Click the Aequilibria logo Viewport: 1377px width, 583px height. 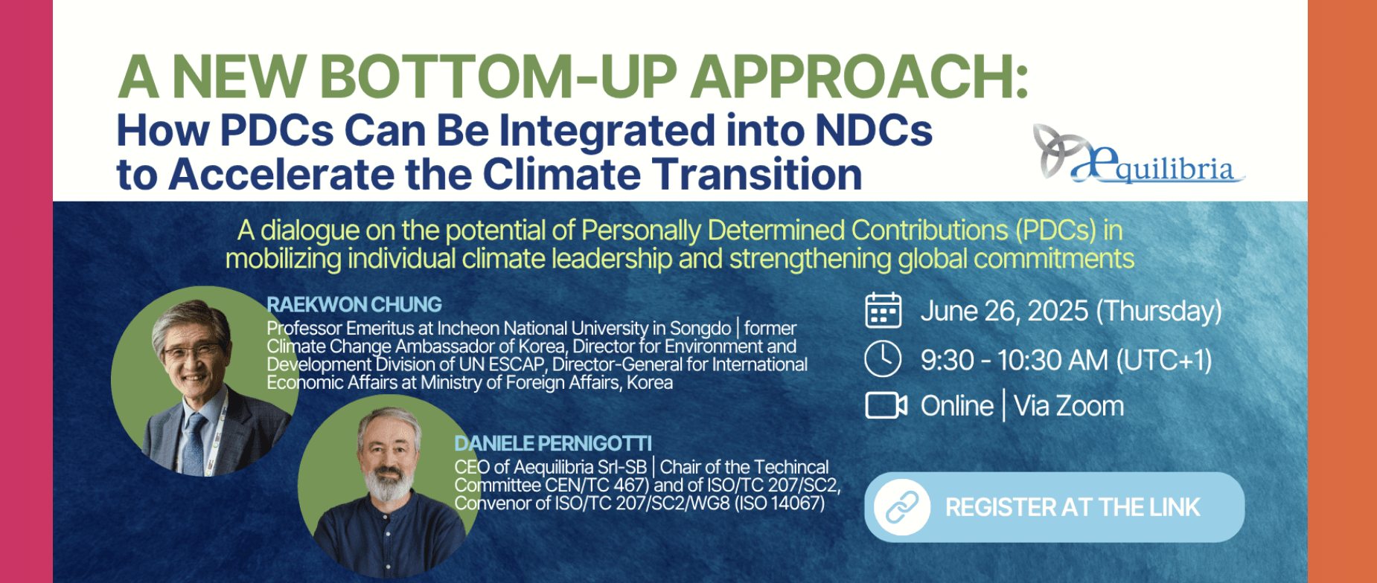pyautogui.click(x=1138, y=154)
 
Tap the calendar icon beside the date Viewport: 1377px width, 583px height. pyautogui.click(x=883, y=311)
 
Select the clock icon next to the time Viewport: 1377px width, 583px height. pyautogui.click(x=883, y=359)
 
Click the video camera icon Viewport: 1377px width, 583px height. pyautogui.click(x=886, y=406)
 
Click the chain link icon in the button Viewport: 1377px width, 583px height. pyautogui.click(x=902, y=507)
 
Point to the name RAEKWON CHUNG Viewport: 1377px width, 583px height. pyautogui.click(x=354, y=305)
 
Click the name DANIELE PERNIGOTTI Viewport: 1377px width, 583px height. pyautogui.click(x=553, y=444)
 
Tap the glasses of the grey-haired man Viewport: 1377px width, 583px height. pyautogui.click(x=191, y=351)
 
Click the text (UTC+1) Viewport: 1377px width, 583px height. pyautogui.click(x=1164, y=361)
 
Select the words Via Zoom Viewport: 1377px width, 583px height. pyautogui.click(x=1069, y=406)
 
